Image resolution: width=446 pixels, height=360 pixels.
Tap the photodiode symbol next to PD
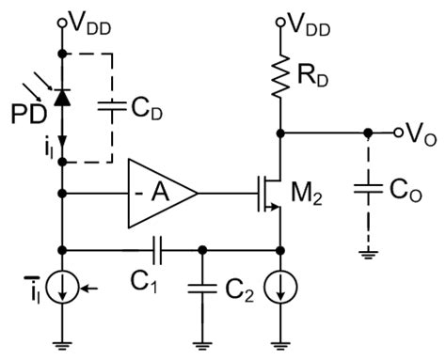coord(63,96)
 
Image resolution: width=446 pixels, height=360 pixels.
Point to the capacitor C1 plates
coord(155,251)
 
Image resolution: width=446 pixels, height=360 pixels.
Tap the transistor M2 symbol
coord(269,195)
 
